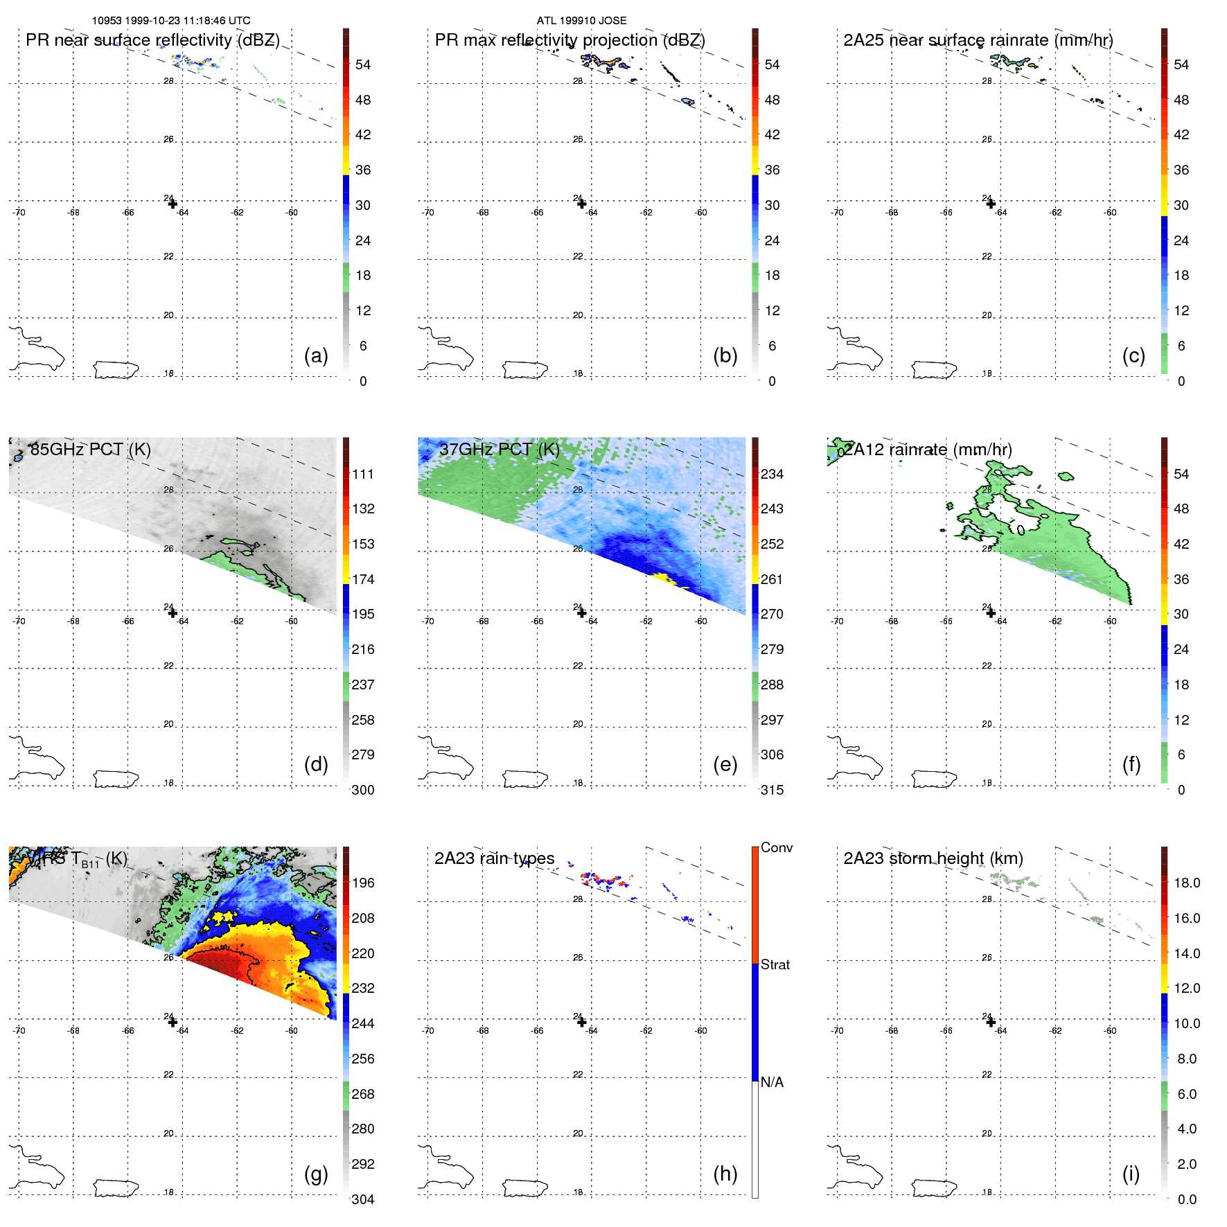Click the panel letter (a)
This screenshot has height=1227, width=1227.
pos(316,356)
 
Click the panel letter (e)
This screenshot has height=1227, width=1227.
pos(725,765)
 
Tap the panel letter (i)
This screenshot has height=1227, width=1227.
pos(1131,1174)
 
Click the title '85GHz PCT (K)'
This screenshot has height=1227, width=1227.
pos(90,450)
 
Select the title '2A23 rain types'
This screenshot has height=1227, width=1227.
pos(494,858)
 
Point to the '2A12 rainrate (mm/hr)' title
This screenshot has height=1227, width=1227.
pos(928,450)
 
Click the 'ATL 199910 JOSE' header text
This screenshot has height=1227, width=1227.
pos(581,21)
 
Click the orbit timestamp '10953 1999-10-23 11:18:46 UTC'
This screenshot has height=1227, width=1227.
pos(171,21)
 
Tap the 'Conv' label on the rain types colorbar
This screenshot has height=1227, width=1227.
pos(776,848)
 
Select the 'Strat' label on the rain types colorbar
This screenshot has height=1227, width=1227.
pos(775,965)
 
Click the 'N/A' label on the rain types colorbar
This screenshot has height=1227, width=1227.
pos(772,1082)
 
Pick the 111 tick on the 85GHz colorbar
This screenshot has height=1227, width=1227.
pos(363,475)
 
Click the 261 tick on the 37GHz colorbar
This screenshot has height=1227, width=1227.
pos(772,579)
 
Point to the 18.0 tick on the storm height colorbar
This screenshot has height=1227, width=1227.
pos(1186,883)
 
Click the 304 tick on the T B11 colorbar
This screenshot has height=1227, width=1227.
pos(363,1199)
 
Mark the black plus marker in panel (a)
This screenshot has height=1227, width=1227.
pos(173,204)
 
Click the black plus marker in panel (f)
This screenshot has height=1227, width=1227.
pos(991,613)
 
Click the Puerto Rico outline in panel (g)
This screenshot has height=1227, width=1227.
pos(116,1188)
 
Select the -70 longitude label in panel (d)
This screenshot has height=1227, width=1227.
pos(19,621)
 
